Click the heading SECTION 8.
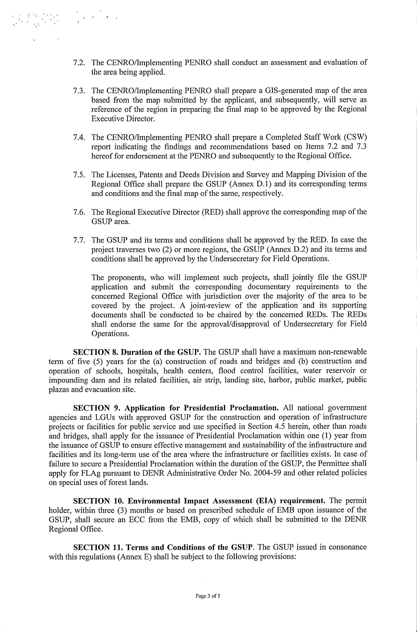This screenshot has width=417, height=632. tap(96, 352)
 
